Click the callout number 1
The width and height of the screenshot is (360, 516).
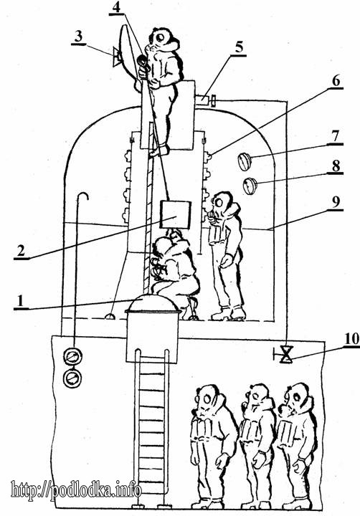point(20,300)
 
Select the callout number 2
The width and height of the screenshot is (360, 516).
point(21,251)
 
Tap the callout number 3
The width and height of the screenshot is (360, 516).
point(78,37)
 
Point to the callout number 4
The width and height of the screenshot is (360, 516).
point(116,7)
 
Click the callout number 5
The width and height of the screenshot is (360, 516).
point(239,47)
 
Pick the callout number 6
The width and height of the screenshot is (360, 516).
point(336,80)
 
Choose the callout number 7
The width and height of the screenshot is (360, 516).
point(336,136)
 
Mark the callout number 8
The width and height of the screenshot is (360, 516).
point(336,166)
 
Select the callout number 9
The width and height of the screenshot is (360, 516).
point(336,201)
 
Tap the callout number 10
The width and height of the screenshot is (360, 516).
point(351,339)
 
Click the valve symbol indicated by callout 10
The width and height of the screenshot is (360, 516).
point(286,355)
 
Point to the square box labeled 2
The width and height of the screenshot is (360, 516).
point(175,215)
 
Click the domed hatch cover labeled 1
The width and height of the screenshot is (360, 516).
point(153,303)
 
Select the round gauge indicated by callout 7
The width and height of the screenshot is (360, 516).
point(245,161)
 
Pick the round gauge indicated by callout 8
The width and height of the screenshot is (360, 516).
point(250,186)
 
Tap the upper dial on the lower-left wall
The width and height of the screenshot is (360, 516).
point(72,356)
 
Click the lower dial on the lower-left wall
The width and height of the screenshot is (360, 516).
point(72,378)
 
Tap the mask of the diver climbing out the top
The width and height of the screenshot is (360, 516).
point(160,37)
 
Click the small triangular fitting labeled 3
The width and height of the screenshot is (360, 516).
point(116,57)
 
